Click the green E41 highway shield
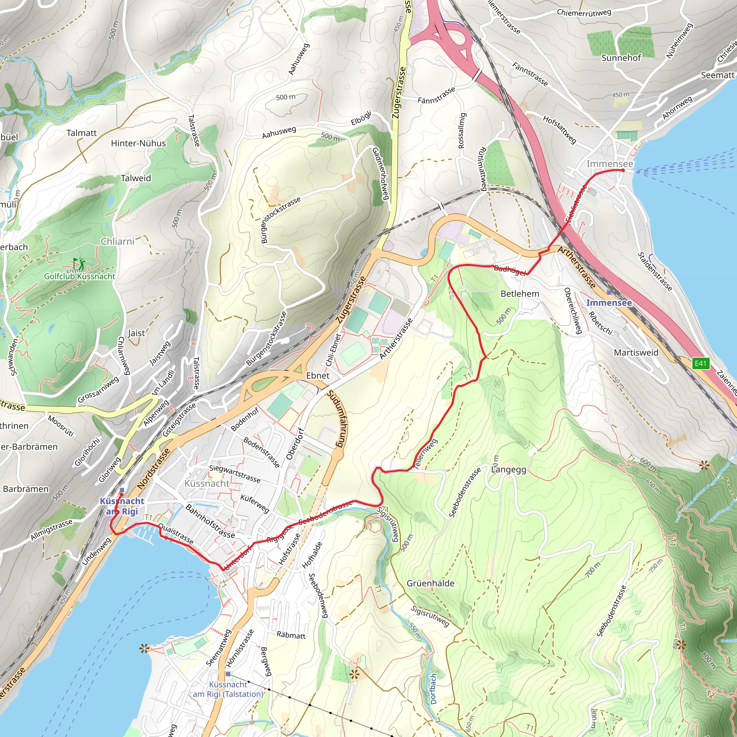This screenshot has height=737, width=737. (x=701, y=363)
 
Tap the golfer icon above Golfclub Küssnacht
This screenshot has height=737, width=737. (x=79, y=263)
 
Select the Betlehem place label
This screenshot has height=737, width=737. (x=520, y=294)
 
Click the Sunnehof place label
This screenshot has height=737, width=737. (x=621, y=58)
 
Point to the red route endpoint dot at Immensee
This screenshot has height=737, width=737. (x=623, y=171)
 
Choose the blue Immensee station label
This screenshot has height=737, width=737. (x=609, y=303)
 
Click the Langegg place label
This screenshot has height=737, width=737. (x=508, y=470)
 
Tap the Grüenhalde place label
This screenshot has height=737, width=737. (x=430, y=583)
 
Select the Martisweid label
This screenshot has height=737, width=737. (x=636, y=352)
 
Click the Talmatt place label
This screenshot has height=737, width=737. (x=82, y=133)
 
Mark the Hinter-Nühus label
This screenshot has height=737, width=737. (x=139, y=144)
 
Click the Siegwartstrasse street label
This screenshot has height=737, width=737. (x=235, y=474)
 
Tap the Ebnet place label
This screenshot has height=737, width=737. (x=318, y=376)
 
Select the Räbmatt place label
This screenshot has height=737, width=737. (x=291, y=635)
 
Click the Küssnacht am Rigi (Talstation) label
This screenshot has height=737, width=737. (x=228, y=689)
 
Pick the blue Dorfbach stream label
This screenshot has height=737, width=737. (x=433, y=688)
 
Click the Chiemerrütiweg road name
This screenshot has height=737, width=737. (x=584, y=13)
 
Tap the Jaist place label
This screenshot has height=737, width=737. (x=136, y=333)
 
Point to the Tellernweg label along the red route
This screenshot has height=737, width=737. (x=425, y=454)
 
